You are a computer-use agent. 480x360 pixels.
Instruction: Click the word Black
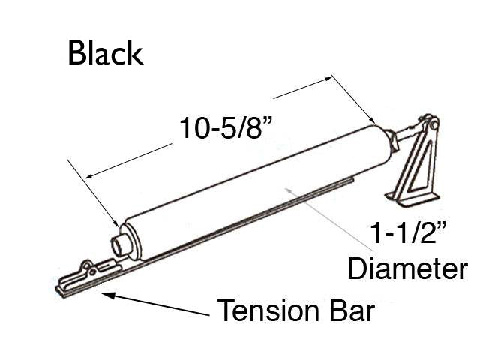point(104,53)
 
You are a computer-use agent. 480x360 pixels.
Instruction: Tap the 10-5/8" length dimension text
point(225,128)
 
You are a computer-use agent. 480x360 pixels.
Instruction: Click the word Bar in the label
point(349,310)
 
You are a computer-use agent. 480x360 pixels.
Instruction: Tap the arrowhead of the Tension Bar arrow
point(104,293)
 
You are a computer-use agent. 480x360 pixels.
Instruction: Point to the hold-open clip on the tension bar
point(90,269)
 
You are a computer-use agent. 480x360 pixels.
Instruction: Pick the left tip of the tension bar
point(60,289)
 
